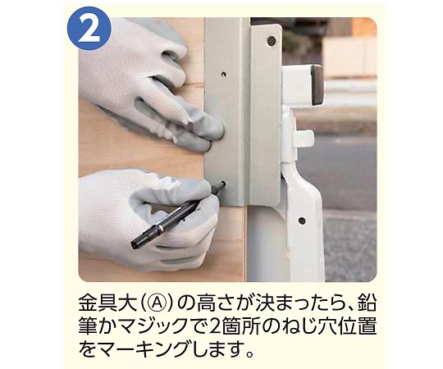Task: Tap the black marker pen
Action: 178,215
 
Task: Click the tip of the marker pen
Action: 224,183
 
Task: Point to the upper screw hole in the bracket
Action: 224,75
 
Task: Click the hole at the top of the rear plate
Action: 272,41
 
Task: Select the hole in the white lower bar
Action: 302,221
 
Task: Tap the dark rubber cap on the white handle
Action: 316,84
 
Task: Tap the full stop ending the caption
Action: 249,353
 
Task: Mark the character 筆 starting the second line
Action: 88,327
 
